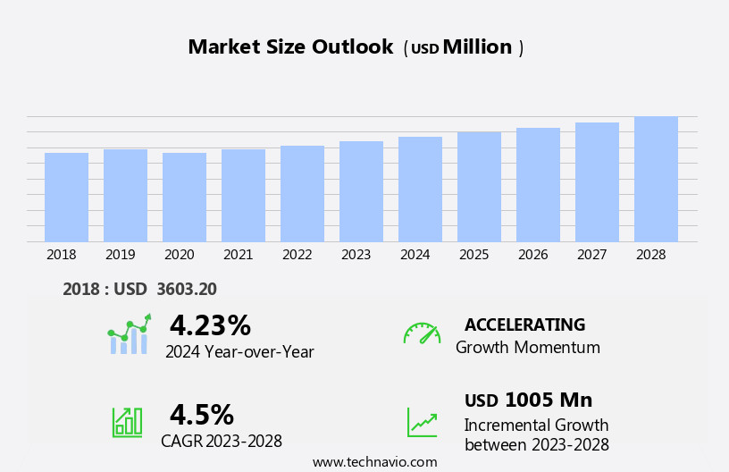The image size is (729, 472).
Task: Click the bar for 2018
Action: point(66,197)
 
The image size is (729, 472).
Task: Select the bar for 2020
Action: point(184,197)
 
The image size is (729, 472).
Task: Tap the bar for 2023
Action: point(361,191)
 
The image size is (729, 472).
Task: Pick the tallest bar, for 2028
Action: point(656,179)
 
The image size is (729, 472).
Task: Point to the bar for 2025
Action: point(479,186)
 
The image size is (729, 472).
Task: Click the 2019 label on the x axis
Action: point(121,255)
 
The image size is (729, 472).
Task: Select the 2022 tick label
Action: point(297,255)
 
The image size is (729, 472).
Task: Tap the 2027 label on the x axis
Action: point(592,255)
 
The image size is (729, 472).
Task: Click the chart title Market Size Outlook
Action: point(290,47)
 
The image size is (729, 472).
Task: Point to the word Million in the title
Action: point(478,47)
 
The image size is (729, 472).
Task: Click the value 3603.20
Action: point(187,289)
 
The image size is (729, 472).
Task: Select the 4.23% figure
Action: point(210,325)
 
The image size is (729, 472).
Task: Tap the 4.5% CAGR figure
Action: point(202,415)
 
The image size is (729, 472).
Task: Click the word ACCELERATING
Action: point(524,324)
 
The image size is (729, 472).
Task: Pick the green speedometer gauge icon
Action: point(422,333)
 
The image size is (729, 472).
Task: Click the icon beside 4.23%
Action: point(130,335)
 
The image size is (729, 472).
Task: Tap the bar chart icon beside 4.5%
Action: point(127,421)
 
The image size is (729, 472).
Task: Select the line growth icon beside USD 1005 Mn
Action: point(422,422)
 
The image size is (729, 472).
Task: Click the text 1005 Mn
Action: point(549,400)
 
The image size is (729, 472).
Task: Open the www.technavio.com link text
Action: point(374,462)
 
